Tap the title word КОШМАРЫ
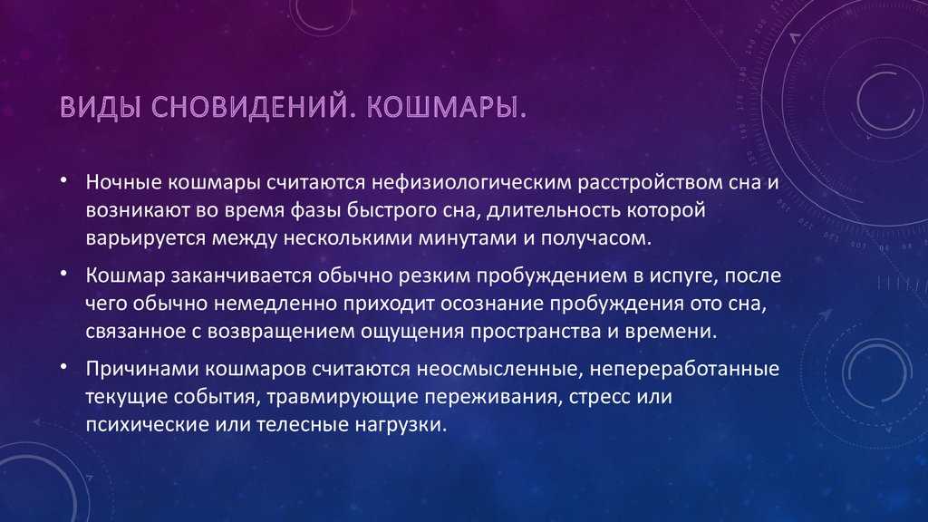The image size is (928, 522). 446,106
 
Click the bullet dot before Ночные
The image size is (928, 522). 63,180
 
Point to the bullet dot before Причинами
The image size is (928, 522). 63,367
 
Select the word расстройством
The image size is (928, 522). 667,182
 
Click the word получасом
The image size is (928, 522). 595,238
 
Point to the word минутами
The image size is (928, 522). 467,238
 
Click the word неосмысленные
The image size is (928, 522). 499,370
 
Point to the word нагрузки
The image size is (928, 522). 401,425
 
